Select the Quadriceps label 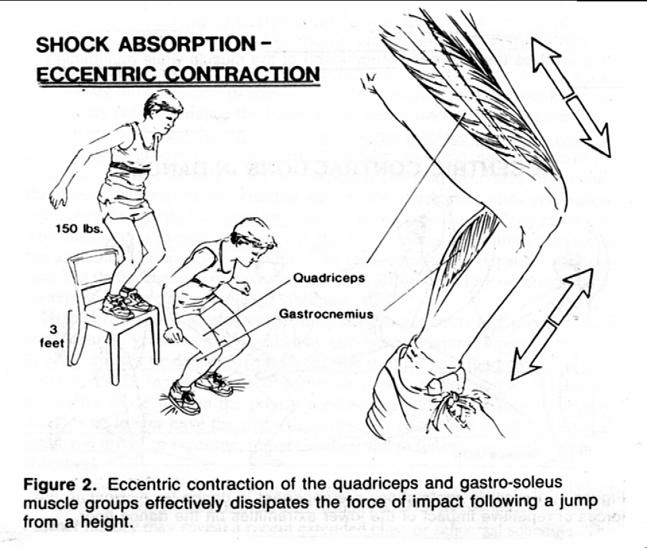point(328,278)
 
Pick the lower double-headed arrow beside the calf point(549,322)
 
